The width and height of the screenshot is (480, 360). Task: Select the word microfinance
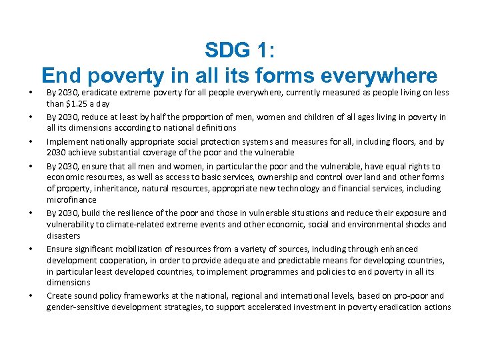[x=71, y=200]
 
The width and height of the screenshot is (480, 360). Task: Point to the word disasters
[x=63, y=236]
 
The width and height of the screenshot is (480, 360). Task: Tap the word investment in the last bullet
[x=327, y=307]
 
